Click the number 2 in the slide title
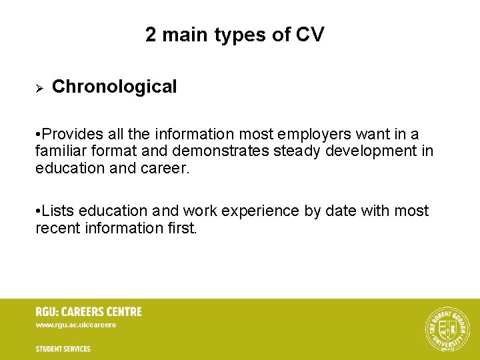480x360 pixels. pyautogui.click(x=151, y=35)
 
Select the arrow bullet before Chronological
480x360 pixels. pyautogui.click(x=39, y=87)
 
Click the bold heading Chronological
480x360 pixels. pyautogui.click(x=114, y=87)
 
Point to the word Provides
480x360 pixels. pyautogui.click(x=70, y=134)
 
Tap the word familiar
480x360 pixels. pyautogui.click(x=61, y=151)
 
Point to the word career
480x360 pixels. pyautogui.click(x=165, y=168)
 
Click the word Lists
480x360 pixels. pyautogui.click(x=58, y=211)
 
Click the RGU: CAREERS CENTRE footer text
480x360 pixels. pyautogui.click(x=89, y=311)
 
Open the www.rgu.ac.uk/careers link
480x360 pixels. pyautogui.click(x=76, y=325)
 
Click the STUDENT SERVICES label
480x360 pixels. pyautogui.click(x=63, y=349)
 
